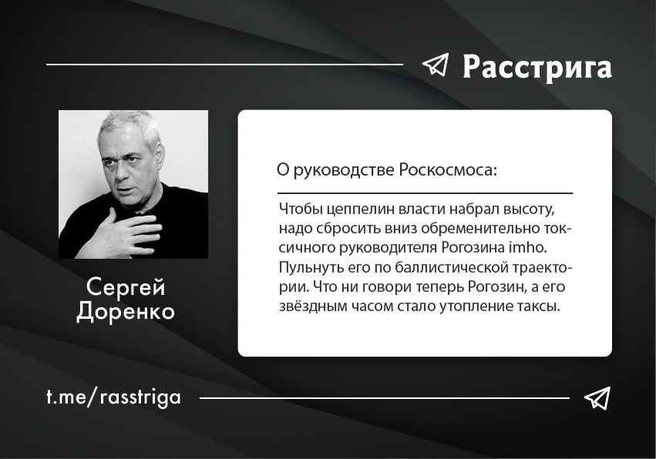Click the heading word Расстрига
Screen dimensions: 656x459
point(537,67)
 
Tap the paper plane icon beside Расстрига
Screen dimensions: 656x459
point(436,65)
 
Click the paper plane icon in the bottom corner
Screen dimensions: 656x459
point(597,398)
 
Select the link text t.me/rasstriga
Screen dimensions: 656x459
point(114,397)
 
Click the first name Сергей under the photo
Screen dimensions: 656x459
point(126,287)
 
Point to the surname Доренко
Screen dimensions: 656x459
point(126,311)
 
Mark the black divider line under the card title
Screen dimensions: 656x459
point(425,193)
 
